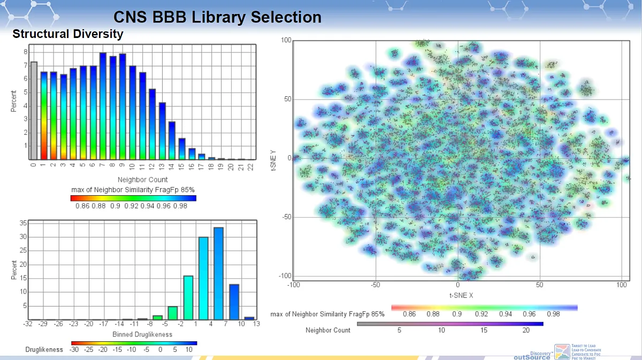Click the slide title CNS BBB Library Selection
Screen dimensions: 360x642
coord(217,17)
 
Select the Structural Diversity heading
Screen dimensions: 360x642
coord(68,34)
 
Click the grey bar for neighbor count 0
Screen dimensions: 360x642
coord(34,110)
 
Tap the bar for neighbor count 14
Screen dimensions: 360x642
coord(172,140)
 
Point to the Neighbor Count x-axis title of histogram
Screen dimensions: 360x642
coord(143,180)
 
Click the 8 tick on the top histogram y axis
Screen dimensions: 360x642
coord(25,52)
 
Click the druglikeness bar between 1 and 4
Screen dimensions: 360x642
coord(203,278)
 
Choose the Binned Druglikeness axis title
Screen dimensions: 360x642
coord(142,334)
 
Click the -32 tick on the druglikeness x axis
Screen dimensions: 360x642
coord(28,324)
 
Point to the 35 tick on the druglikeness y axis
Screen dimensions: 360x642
coord(22,223)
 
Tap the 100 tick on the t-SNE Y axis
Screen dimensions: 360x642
coord(285,41)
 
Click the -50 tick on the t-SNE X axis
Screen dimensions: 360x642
coord(376,285)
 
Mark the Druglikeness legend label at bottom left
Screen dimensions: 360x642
coord(44,349)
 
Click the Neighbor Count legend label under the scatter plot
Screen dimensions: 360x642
coord(328,330)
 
